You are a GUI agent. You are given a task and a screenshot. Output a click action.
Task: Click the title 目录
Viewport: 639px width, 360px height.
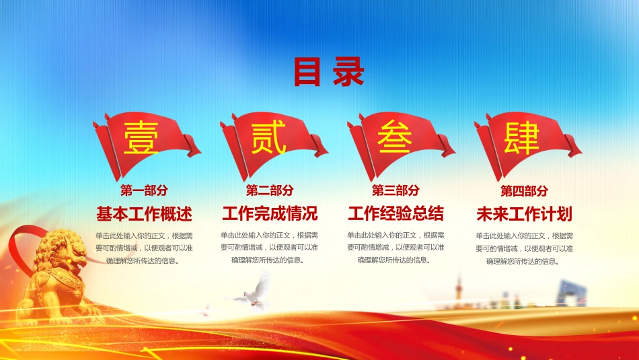coord(328,72)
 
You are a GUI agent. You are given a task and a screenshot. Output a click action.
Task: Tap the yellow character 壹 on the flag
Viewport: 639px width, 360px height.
coord(141,138)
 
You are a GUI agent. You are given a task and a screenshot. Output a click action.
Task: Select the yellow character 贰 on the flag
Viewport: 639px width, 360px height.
coord(268,138)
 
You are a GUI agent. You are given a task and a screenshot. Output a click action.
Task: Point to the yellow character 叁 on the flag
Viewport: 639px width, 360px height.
coord(394,137)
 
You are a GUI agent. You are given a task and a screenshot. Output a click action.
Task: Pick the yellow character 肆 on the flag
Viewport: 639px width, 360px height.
coord(522,138)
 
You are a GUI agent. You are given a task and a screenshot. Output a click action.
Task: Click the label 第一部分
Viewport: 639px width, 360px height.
coord(144,190)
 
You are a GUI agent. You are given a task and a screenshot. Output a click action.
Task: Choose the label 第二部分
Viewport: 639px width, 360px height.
coord(270,190)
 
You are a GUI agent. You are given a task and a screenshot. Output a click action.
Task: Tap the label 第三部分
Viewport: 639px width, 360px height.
coord(396,190)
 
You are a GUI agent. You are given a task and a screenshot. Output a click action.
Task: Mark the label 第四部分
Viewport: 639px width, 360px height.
coord(524,190)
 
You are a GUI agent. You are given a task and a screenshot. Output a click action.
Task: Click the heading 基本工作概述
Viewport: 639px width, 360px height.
coord(144,213)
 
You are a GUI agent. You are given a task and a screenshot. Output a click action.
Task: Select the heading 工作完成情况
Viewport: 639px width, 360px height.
coord(270,213)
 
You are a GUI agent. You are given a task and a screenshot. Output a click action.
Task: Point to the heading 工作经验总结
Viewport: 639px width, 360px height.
coord(396,213)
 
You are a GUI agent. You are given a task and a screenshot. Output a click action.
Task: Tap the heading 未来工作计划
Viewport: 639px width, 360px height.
coord(525,213)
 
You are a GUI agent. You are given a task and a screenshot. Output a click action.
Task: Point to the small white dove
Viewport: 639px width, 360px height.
coord(205,311)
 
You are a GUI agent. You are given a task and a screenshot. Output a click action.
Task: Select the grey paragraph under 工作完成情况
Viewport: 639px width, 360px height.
coord(269,248)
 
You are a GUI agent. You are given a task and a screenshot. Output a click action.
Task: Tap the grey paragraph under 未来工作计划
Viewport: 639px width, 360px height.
coord(525,248)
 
